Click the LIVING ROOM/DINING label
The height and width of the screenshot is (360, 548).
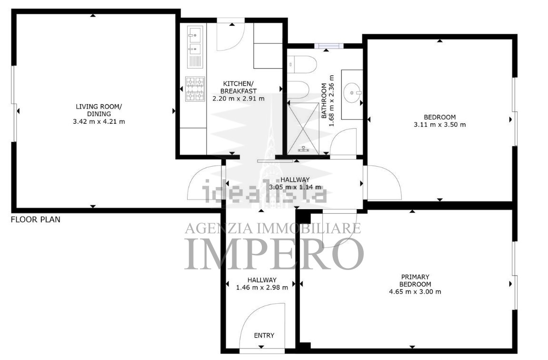(99, 110)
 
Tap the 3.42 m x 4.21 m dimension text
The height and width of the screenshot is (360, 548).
(99, 122)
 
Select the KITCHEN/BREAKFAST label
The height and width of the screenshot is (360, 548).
(239, 87)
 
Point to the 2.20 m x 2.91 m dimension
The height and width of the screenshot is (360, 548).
(239, 99)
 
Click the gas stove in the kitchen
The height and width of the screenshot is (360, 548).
(195, 89)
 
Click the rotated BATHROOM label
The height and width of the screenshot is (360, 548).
(324, 100)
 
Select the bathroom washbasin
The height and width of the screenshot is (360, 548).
(352, 93)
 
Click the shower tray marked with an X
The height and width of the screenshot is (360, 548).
(303, 127)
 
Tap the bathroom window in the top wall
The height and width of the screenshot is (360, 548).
(329, 46)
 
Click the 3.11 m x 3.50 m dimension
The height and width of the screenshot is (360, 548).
(439, 125)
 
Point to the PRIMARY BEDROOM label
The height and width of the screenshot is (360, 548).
(415, 280)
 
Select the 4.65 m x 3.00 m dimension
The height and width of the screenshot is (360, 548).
(415, 292)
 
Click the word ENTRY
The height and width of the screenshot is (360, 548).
(264, 336)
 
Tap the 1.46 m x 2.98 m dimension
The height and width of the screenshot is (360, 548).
(262, 288)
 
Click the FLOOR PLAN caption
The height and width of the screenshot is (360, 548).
(36, 220)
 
